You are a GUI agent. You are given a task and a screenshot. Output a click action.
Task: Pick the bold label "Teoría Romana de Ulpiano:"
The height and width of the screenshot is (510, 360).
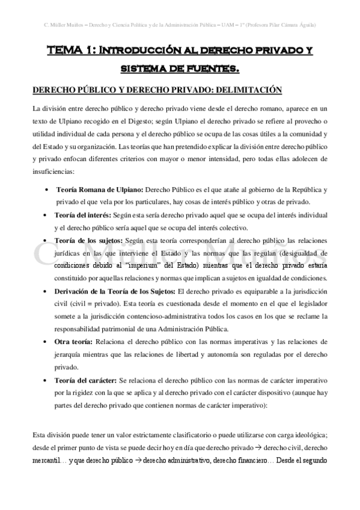click(99, 189)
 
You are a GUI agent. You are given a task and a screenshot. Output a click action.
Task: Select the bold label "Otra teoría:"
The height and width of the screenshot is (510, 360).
click(75, 341)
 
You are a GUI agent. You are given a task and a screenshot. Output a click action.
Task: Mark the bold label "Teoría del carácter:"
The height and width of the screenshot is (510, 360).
click(86, 381)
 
